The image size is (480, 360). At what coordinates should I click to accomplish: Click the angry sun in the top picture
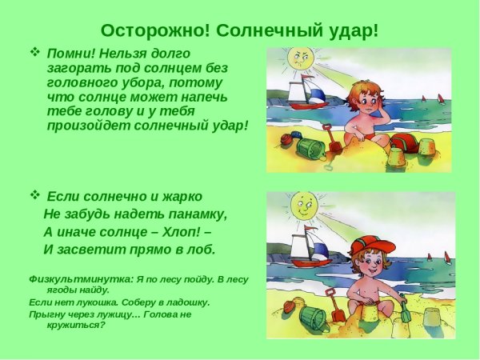point(300,59)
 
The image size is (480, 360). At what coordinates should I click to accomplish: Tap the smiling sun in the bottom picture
point(302,206)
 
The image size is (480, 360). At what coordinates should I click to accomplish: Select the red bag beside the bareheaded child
point(404,142)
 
